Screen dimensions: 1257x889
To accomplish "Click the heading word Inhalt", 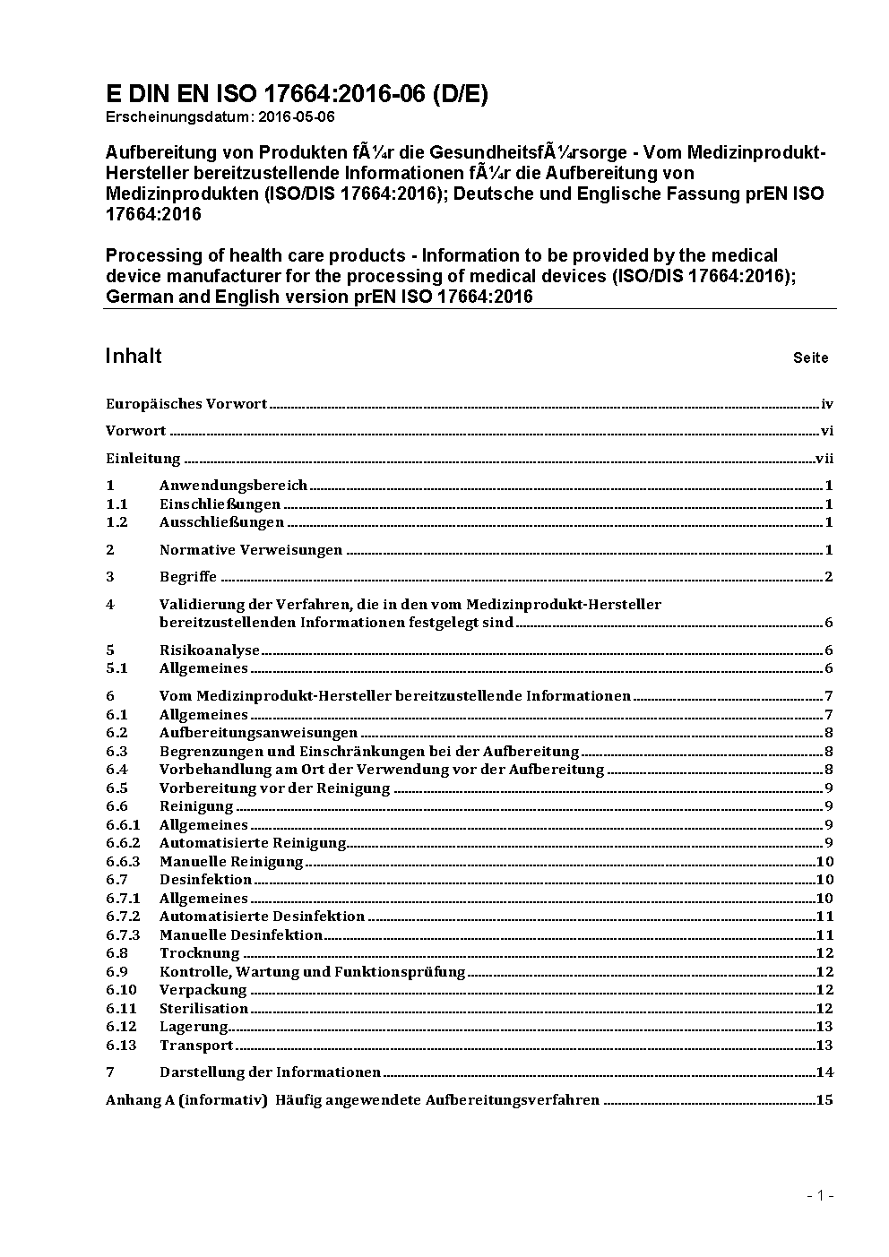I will point(134,356).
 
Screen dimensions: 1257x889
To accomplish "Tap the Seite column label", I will point(810,357).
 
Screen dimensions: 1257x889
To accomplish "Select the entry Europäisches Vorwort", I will point(186,404).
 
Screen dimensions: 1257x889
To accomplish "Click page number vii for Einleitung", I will point(824,459).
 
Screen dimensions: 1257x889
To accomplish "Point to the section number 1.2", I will point(117,522).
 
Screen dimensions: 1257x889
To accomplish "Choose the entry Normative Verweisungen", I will point(251,550).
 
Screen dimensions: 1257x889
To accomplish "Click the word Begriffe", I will point(188,577).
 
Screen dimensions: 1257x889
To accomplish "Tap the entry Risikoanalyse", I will point(210,650).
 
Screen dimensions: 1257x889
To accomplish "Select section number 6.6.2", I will point(123,843).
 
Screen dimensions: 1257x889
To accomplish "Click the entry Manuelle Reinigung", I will point(231,862).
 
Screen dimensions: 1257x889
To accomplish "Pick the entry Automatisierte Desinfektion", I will point(262,917).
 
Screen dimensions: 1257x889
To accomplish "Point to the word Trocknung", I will point(200,953).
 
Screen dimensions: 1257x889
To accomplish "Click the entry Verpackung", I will point(203,990).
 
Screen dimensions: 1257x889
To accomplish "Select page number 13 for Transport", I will point(824,1046).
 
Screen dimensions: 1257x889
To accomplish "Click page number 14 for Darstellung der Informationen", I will point(824,1072).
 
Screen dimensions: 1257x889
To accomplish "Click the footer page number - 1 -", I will point(820,1195).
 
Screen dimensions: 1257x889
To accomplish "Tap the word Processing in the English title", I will point(149,256).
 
